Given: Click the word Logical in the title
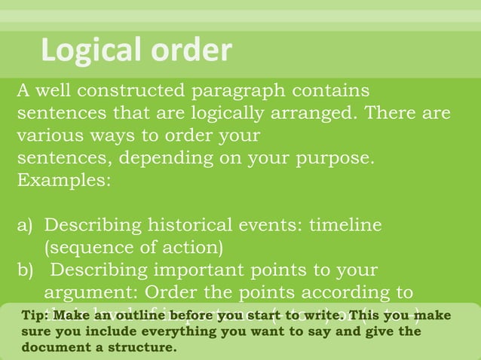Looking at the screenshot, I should (x=90, y=50).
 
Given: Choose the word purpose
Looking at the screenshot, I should (x=335, y=160).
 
